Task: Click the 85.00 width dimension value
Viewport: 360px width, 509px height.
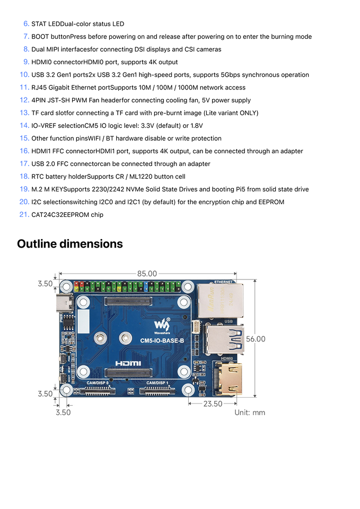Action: [147, 274]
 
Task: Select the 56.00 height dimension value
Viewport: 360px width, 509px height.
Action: [256, 339]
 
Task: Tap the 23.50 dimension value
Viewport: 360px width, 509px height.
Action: [213, 404]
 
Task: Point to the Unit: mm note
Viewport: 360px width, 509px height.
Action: [250, 413]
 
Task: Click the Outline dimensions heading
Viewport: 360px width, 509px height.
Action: [70, 244]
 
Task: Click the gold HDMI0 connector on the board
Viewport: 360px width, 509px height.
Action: [229, 379]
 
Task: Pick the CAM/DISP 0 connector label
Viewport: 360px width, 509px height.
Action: [98, 383]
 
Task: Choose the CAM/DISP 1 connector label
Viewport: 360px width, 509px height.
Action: [157, 383]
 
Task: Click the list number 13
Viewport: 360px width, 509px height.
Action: [24, 113]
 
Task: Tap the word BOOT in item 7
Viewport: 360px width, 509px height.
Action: [40, 37]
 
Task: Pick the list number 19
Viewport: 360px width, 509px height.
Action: [24, 189]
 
